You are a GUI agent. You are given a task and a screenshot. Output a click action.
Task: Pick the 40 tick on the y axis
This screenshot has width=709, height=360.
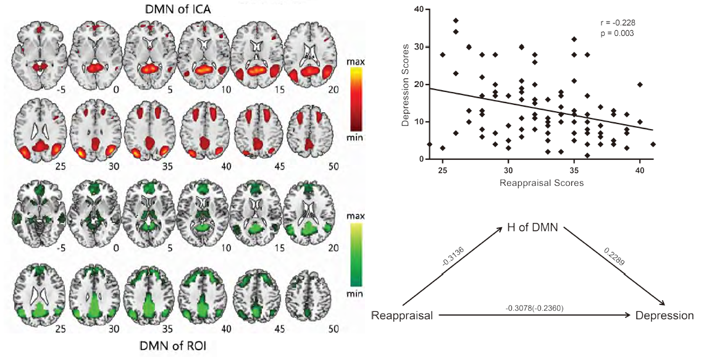[x=421, y=9]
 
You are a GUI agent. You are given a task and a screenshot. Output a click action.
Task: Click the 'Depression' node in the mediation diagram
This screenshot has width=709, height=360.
[x=665, y=316]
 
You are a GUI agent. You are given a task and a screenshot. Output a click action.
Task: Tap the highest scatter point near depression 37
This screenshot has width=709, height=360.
[x=456, y=21]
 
